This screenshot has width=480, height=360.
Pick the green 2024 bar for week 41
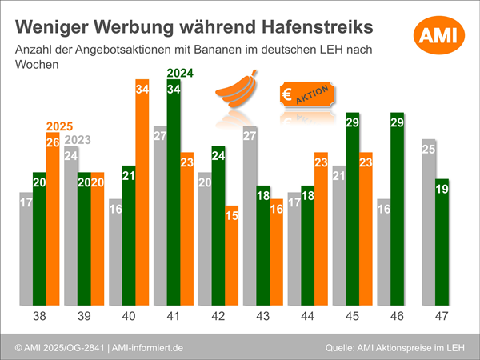[x=173, y=192]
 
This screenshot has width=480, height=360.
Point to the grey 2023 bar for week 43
[x=249, y=216]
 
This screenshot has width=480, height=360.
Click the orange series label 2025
[x=59, y=126]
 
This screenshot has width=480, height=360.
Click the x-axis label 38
[x=39, y=317]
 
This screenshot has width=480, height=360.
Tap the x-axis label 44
[x=308, y=317]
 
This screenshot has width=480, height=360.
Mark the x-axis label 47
[x=442, y=317]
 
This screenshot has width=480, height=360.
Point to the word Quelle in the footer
[x=342, y=348]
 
